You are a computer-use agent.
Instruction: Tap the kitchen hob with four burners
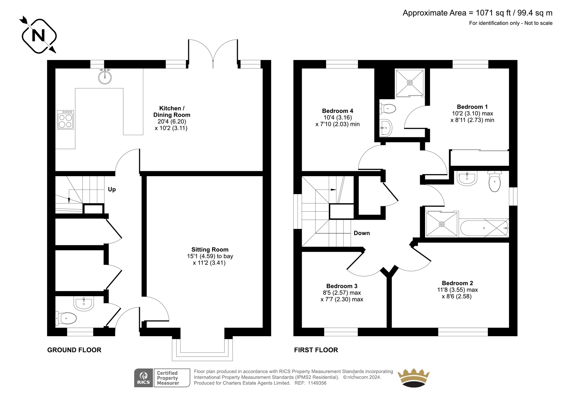pos(65,120)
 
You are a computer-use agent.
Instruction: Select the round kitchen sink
pos(105,77)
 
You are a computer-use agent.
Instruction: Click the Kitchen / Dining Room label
pos(172,112)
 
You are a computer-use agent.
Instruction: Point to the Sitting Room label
pos(210,250)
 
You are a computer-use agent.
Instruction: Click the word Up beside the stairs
pos(112,189)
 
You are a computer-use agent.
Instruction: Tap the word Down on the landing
pos(362,233)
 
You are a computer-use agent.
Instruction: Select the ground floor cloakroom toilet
pos(66,318)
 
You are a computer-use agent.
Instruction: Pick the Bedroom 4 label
pos(338,111)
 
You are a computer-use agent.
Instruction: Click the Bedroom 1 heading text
pos(472,107)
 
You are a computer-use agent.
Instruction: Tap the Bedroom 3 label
pos(342,286)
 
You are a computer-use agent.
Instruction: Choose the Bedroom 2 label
pos(458,283)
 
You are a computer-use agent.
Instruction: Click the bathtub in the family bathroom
pos(484,228)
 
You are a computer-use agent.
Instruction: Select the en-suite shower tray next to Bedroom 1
pos(410,82)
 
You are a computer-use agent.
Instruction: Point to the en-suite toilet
pos(388,109)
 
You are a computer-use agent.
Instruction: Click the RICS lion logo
pos(144,378)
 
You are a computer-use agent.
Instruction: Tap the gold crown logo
pos(413,378)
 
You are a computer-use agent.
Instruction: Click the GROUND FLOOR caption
pos(74,350)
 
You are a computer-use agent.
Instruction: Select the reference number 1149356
pos(318,383)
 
